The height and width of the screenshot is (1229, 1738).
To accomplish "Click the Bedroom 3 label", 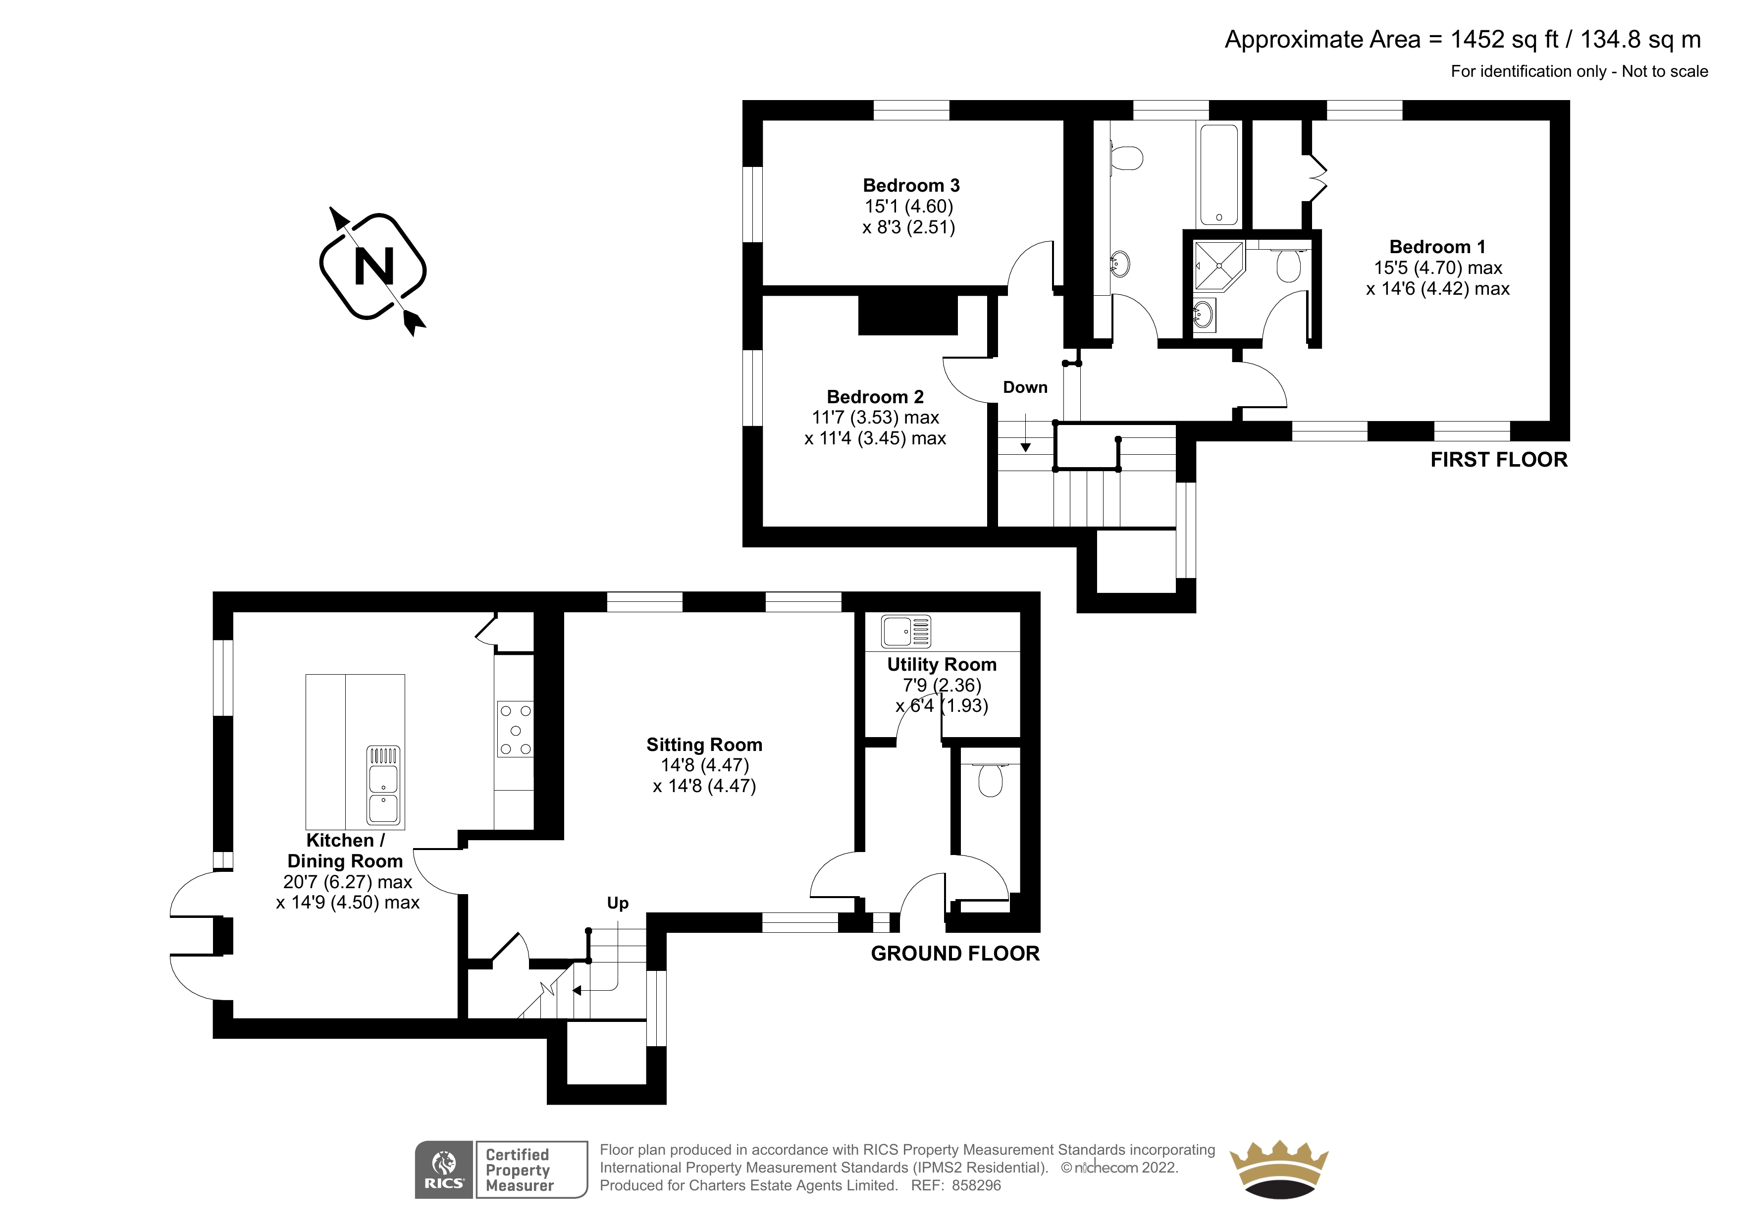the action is [911, 186].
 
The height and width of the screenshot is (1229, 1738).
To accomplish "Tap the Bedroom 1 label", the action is [1437, 247].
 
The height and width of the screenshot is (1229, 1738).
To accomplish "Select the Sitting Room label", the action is [704, 745].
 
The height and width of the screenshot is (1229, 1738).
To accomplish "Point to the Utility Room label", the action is [942, 665].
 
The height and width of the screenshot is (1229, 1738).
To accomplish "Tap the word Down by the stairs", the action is [1025, 388].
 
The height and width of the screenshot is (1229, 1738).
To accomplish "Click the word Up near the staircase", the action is [618, 904].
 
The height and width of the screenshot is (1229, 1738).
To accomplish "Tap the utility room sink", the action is [906, 632].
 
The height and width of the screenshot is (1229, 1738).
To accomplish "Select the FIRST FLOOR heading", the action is [1499, 460].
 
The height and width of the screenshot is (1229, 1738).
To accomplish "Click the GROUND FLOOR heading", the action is [955, 954].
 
